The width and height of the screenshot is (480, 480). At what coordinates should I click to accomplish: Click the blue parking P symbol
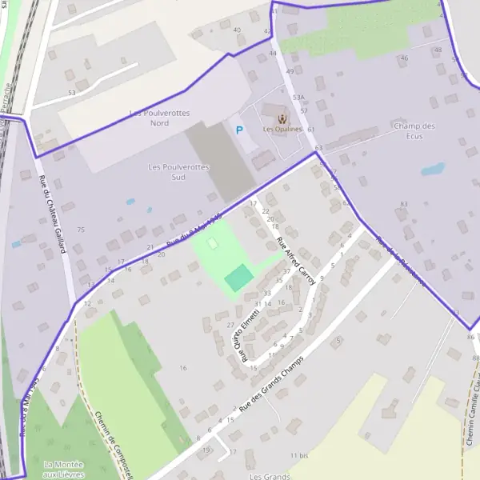coord(238,130)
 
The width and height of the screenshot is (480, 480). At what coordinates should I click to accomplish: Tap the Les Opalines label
coord(282,129)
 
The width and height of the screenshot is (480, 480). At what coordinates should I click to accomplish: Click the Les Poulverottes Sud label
coord(178,171)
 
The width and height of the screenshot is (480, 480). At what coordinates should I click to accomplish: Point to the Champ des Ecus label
coord(414,130)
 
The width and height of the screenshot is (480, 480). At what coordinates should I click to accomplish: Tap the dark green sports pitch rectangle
coord(238,278)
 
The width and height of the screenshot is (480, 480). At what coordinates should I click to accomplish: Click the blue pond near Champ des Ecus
coord(433,170)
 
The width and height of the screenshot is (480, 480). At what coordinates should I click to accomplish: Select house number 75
coord(80,230)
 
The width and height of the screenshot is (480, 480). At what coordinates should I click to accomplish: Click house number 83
coord(403,204)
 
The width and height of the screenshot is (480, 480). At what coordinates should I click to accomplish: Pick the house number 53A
coord(298,97)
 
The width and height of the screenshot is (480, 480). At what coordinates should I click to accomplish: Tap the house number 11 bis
coord(299,455)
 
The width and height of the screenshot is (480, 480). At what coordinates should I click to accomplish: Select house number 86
coord(470,338)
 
